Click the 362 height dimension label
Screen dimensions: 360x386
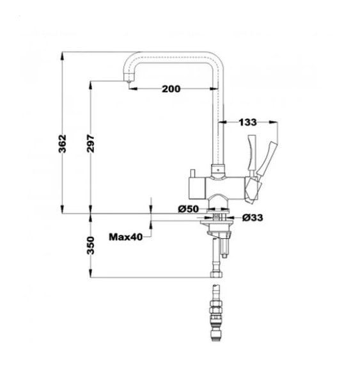pyautogui.click(x=63, y=144)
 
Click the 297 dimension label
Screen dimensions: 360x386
pyautogui.click(x=91, y=143)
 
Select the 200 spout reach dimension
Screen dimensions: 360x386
pyautogui.click(x=171, y=89)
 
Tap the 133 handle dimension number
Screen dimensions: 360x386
pyautogui.click(x=247, y=122)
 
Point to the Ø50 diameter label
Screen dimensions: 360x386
pyautogui.click(x=189, y=209)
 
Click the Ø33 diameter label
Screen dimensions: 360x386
pyautogui.click(x=253, y=218)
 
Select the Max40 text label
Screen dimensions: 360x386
pyautogui.click(x=126, y=237)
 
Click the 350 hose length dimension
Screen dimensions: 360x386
pyautogui.click(x=91, y=245)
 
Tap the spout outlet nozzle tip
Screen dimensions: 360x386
pyautogui.click(x=128, y=82)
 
